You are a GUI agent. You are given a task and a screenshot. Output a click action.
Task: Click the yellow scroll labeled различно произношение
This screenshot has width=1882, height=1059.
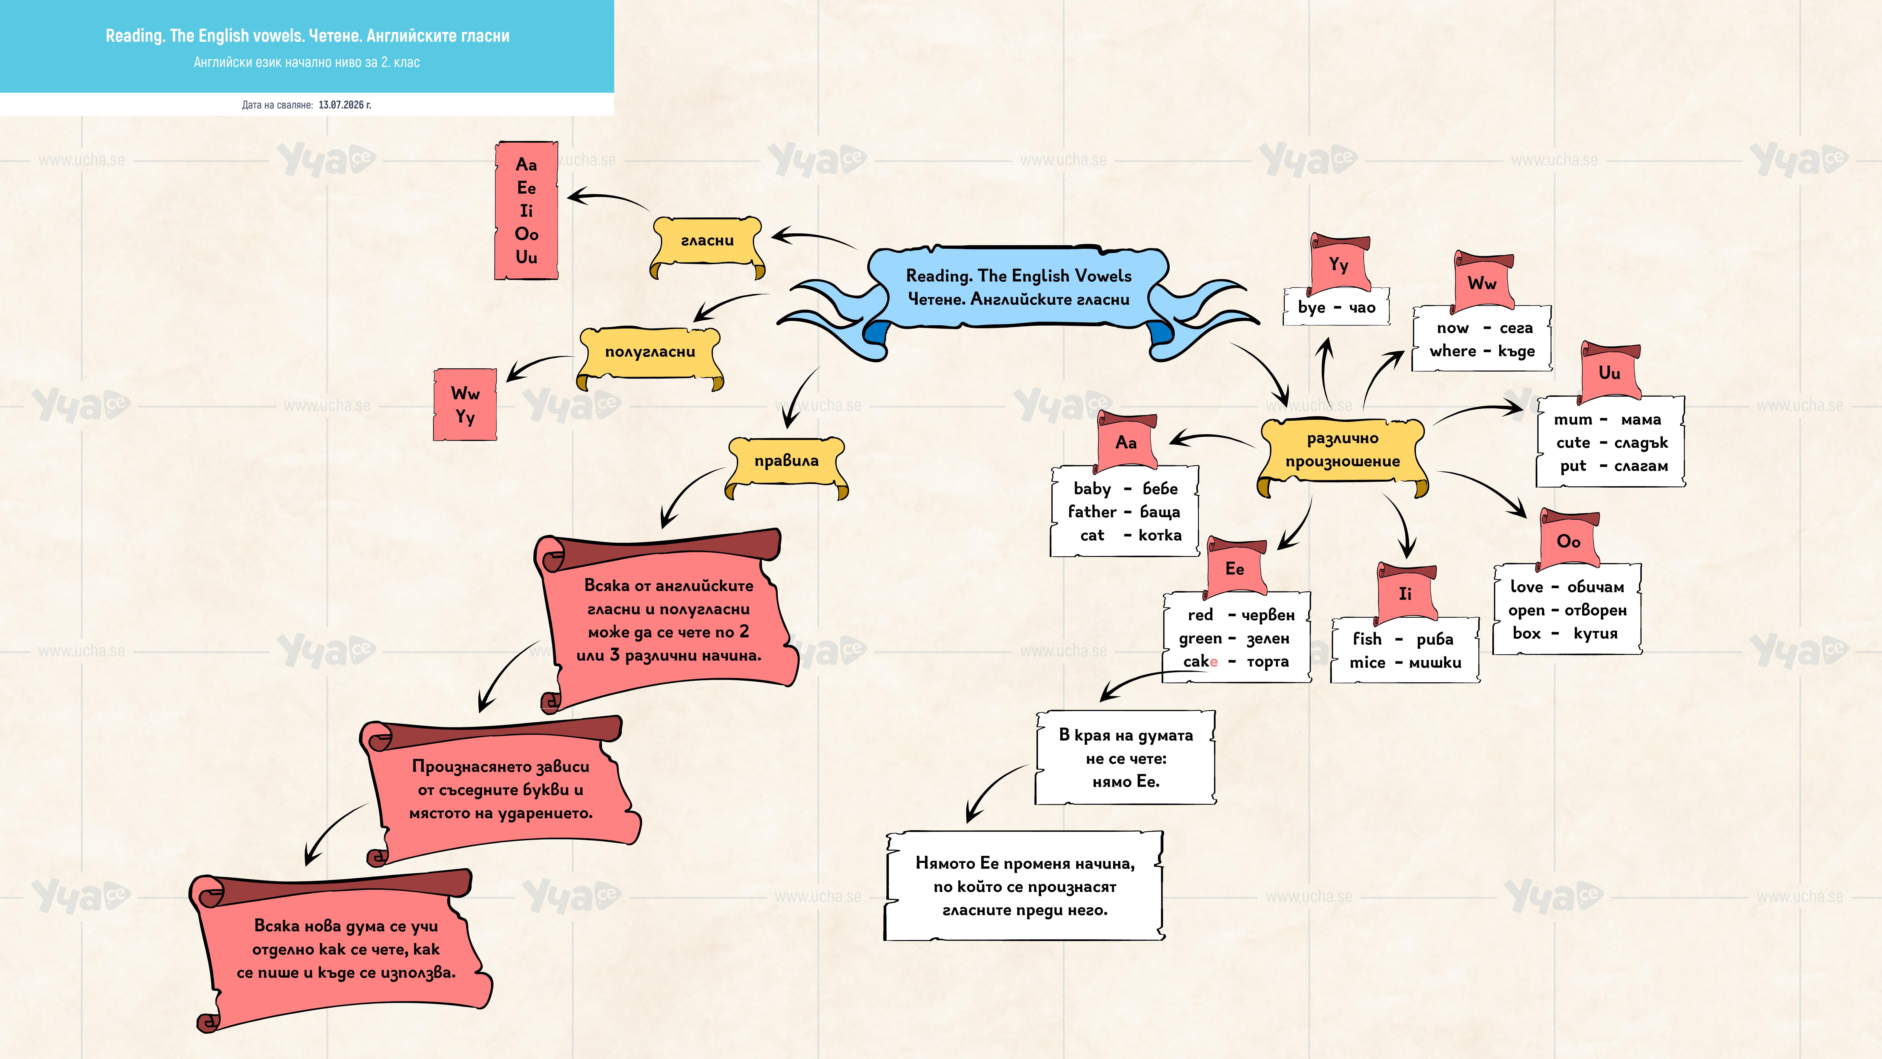pyautogui.click(x=1343, y=455)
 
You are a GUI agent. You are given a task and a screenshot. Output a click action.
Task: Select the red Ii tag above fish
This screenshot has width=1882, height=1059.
pyautogui.click(x=1406, y=593)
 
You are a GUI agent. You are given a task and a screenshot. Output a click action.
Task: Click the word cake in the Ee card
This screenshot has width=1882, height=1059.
pyautogui.click(x=1200, y=661)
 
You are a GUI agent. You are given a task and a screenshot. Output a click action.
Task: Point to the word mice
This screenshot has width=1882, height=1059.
pyautogui.click(x=1367, y=662)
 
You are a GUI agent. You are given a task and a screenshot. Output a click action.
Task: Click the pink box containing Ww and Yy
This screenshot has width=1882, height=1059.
pyautogui.click(x=465, y=404)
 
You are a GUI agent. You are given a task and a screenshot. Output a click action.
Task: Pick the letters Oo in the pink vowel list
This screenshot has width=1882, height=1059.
pyautogui.click(x=527, y=234)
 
